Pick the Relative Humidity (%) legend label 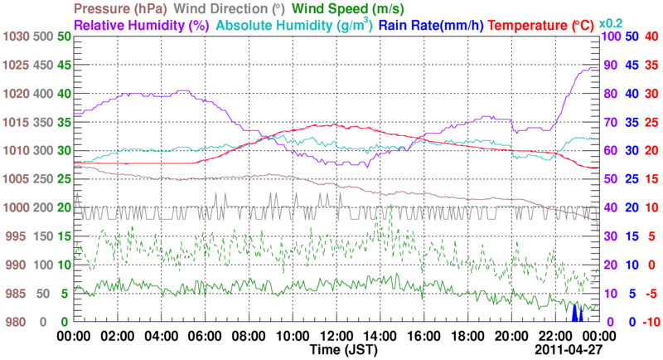pyautogui.click(x=141, y=26)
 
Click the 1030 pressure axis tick pyautogui.click(x=16, y=37)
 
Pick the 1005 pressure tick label pyautogui.click(x=16, y=179)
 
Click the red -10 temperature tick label pyautogui.click(x=650, y=322)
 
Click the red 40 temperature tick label pyautogui.click(x=651, y=37)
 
